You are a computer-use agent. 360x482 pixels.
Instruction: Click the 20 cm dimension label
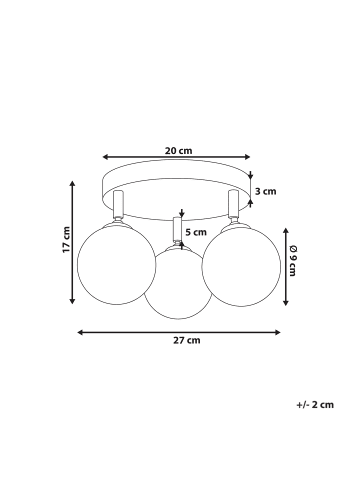click(179, 151)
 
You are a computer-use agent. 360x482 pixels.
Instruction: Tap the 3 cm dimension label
click(266, 191)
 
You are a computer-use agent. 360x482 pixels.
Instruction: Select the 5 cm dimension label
click(196, 232)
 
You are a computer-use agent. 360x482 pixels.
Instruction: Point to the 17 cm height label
click(66, 239)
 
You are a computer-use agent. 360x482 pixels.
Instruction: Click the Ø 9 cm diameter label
click(292, 261)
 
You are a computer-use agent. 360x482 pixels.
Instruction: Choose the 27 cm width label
click(187, 340)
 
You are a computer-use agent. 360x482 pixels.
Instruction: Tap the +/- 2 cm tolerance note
click(315, 405)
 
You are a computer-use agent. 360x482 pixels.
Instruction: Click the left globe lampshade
click(116, 263)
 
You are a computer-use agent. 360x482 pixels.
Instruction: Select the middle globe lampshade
click(178, 283)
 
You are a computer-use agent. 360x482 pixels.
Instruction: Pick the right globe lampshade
click(241, 264)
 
